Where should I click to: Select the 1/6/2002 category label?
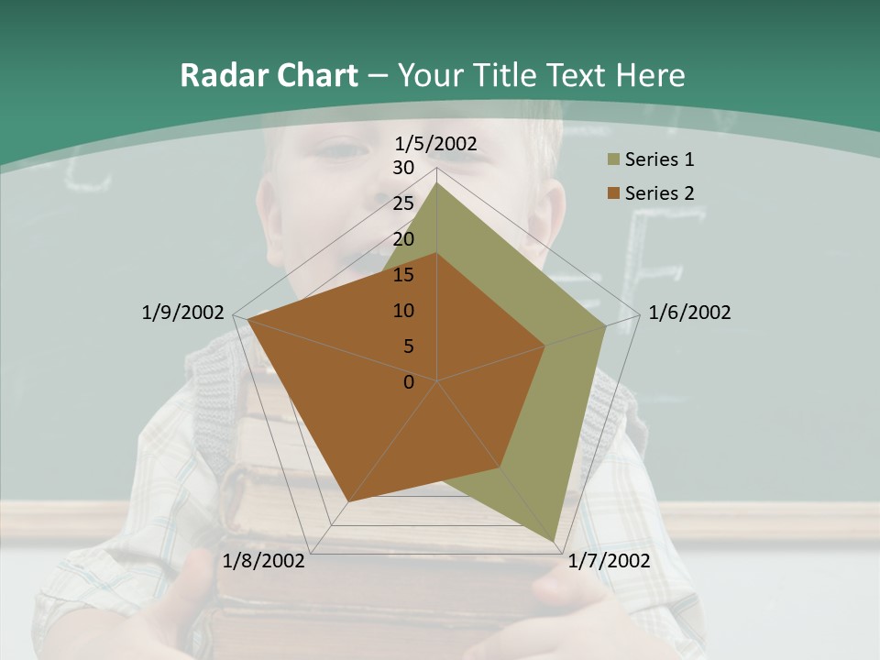(x=689, y=313)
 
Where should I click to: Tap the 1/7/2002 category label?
(x=609, y=561)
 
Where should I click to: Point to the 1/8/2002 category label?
(x=264, y=561)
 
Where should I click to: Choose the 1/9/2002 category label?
(x=182, y=313)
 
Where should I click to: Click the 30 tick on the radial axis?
(x=403, y=168)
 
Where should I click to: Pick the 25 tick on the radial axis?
(x=403, y=203)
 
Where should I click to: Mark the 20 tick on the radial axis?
(x=403, y=239)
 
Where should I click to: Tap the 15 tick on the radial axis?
(x=403, y=275)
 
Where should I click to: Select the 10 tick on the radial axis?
(x=403, y=311)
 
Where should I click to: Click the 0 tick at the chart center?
(x=409, y=382)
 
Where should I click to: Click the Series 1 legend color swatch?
(x=613, y=160)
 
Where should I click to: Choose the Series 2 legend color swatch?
(x=613, y=193)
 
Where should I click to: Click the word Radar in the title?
(x=218, y=75)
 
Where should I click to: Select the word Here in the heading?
(x=651, y=75)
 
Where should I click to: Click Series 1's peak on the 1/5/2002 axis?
(x=437, y=182)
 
